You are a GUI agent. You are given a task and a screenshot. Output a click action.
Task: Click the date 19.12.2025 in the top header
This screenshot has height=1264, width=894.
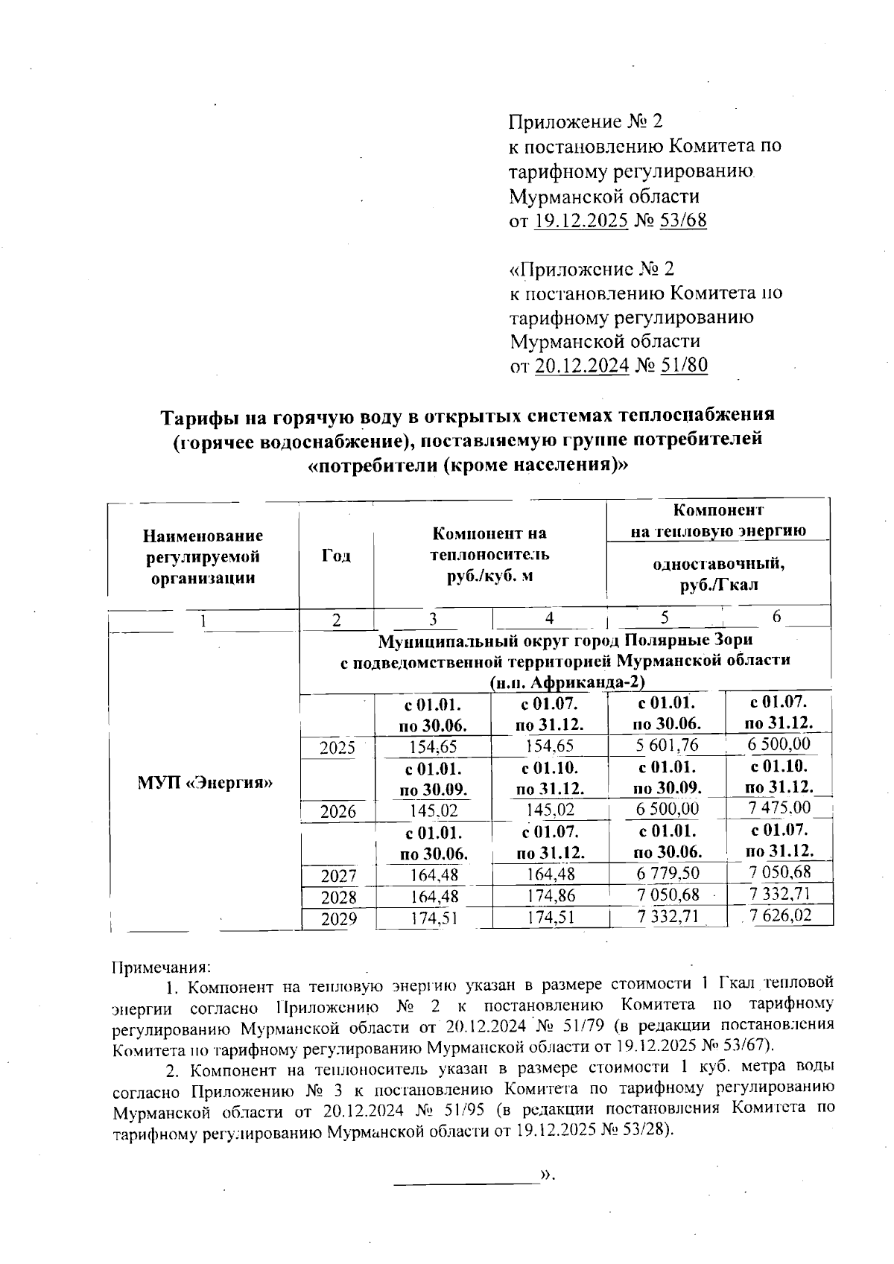[581, 221]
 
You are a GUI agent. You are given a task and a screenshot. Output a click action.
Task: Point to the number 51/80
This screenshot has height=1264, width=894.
[681, 366]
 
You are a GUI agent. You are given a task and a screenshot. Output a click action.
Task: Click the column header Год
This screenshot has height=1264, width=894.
[336, 556]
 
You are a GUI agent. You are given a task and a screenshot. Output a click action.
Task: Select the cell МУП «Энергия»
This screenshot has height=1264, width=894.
[205, 783]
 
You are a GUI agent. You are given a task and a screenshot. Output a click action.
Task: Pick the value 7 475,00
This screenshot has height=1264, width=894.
[779, 809]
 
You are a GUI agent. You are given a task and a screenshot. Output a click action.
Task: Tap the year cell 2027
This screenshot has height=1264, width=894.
[337, 876]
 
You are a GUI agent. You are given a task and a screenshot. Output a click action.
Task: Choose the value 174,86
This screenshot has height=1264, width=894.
[550, 896]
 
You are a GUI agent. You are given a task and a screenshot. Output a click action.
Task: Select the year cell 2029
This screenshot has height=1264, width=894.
[337, 919]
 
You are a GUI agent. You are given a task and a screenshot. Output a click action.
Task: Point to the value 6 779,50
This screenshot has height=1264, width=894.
[666, 874]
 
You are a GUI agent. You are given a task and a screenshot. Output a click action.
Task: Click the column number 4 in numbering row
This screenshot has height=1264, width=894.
[549, 618]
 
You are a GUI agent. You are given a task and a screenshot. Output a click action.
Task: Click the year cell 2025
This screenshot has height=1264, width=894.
[337, 748]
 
